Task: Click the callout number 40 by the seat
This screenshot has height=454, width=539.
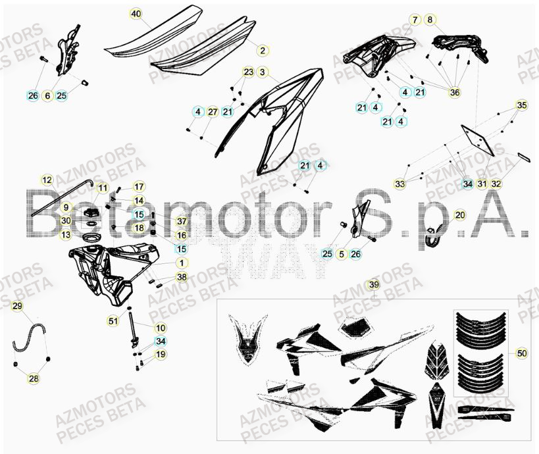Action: [x=136, y=14]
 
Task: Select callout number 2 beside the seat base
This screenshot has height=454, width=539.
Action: [x=262, y=50]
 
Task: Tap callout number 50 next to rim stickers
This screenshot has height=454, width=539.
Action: [x=521, y=353]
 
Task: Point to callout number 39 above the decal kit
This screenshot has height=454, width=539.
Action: [x=374, y=285]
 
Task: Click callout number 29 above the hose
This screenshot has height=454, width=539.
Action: [x=18, y=306]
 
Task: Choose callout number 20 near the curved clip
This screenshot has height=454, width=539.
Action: [x=459, y=214]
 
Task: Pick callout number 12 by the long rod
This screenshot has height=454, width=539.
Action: [x=47, y=179]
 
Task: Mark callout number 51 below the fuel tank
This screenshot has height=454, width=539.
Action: [x=113, y=320]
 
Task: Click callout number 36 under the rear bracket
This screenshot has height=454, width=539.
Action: [x=454, y=93]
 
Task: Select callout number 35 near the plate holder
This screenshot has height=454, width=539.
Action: [x=521, y=105]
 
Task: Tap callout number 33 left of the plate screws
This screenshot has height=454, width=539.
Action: [x=400, y=184]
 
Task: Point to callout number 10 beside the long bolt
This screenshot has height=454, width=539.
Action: [x=161, y=327]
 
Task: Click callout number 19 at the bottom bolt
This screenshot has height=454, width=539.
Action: [x=161, y=355]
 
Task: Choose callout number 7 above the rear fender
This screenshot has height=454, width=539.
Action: [x=415, y=20]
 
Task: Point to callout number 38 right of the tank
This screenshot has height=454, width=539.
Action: [x=181, y=277]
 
